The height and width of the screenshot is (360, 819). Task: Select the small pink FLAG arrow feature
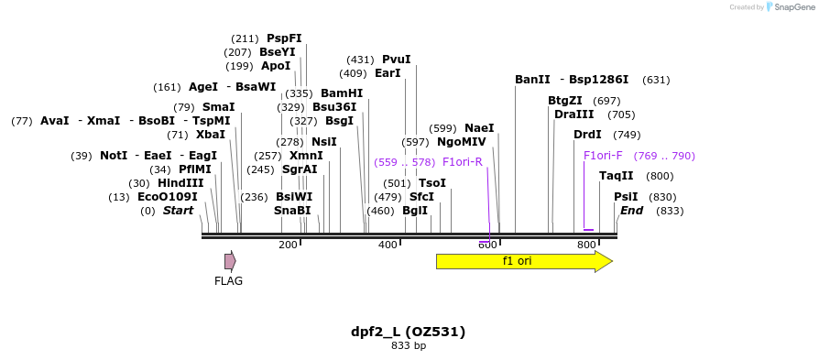[230, 261]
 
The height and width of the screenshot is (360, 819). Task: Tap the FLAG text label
[228, 281]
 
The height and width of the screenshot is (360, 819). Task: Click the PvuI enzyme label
[396, 60]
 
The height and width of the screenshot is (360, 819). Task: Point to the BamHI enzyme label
[341, 93]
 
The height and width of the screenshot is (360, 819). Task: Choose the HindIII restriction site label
[180, 183]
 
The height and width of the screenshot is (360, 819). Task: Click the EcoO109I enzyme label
[167, 197]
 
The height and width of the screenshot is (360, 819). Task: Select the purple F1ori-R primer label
[462, 162]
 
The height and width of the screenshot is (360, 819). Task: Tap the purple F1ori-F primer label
[603, 156]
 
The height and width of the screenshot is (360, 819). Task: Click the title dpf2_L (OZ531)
[409, 332]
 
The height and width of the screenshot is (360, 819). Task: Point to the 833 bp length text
[409, 346]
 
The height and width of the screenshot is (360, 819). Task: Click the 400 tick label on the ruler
[387, 245]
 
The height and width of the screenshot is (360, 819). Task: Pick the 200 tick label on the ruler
[288, 245]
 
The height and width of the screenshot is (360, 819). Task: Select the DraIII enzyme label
[573, 115]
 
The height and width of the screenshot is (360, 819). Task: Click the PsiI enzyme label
[626, 197]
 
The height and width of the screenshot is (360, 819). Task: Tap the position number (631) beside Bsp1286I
[656, 80]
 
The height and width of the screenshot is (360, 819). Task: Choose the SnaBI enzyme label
[292, 211]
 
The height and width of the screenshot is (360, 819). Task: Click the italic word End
[631, 211]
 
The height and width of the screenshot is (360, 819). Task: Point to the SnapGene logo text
[790, 7]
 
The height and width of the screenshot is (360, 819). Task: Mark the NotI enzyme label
[114, 156]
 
